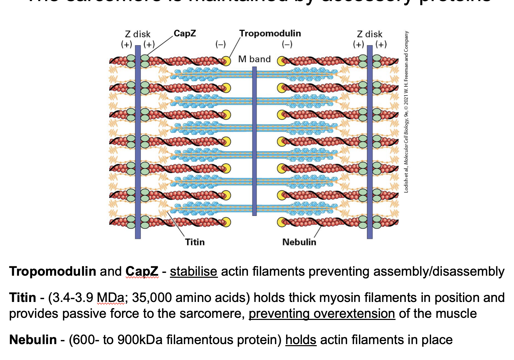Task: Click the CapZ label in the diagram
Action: (x=184, y=34)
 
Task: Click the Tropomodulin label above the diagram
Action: (x=270, y=34)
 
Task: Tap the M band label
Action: (x=255, y=59)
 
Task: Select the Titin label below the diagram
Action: (x=195, y=242)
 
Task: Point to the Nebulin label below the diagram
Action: (x=299, y=242)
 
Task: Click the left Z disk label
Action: (x=137, y=34)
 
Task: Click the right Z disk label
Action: (x=370, y=34)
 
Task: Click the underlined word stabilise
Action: (x=193, y=272)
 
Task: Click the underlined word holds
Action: (x=301, y=340)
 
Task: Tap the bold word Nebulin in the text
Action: (x=33, y=340)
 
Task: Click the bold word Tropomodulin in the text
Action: (x=53, y=272)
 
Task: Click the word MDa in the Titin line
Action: (x=110, y=298)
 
